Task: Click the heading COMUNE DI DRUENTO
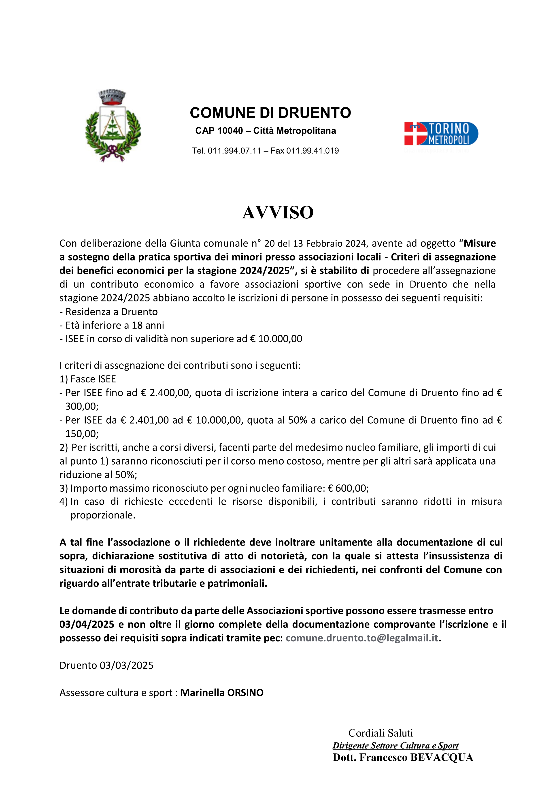(x=270, y=113)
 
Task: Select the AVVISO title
(x=277, y=212)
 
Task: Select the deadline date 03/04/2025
(x=87, y=624)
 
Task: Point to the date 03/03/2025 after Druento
(x=126, y=665)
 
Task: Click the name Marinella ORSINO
(x=222, y=693)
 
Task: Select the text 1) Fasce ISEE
(x=88, y=379)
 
